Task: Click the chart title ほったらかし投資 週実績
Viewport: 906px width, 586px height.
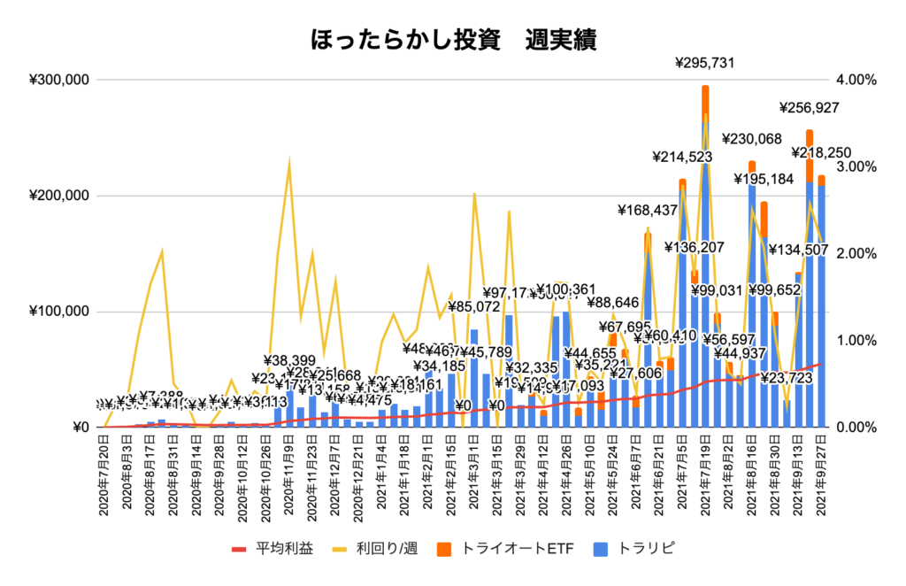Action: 452,40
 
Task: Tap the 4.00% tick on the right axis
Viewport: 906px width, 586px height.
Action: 856,80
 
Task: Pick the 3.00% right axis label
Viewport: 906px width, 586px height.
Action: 856,166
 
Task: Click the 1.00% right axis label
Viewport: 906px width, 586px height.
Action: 856,341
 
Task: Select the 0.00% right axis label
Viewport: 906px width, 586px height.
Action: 856,428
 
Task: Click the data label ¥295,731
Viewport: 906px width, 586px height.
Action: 704,63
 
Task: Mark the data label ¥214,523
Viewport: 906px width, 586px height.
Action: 682,158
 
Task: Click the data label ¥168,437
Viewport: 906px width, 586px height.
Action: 648,211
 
